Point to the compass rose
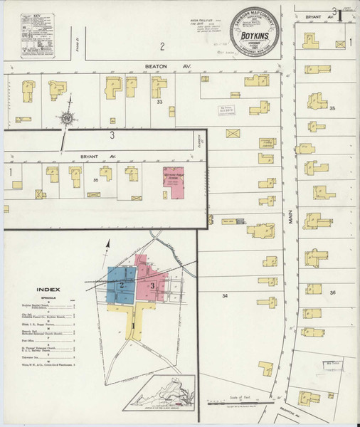coord(68,118)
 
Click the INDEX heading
coord(48,290)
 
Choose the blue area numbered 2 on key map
coord(122,284)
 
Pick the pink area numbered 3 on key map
coord(154,285)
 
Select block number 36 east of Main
coord(332,292)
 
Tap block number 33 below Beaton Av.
coord(161,102)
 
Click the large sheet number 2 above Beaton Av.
coord(162,47)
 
